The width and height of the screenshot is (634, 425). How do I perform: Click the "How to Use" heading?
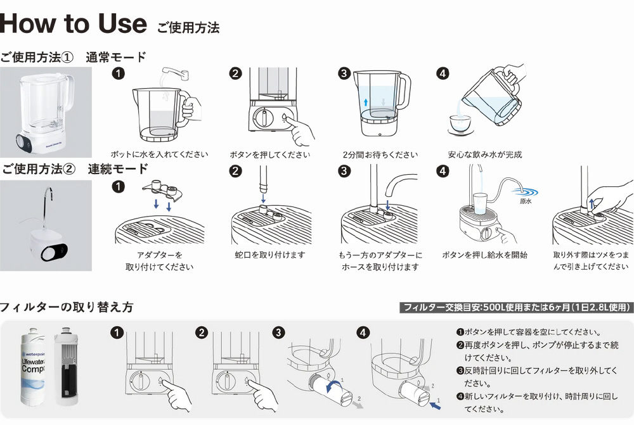74,24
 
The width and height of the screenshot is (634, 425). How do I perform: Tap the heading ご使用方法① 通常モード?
74,57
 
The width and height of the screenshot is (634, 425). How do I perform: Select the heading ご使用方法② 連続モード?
75,169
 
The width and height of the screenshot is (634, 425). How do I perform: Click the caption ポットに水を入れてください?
159,155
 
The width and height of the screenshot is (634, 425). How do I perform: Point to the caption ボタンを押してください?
270,155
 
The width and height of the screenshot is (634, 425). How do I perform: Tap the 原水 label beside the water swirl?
525,201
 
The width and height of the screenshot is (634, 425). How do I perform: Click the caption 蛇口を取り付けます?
270,255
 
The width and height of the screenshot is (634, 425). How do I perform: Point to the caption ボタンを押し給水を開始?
485,255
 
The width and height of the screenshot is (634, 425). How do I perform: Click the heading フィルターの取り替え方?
67,307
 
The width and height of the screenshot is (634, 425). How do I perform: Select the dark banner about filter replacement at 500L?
517,308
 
